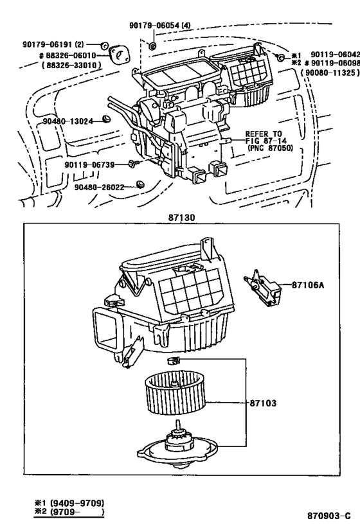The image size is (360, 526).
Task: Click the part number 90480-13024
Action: click(67, 121)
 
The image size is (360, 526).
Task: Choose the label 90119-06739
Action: click(89, 164)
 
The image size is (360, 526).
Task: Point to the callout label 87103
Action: click(262, 403)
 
